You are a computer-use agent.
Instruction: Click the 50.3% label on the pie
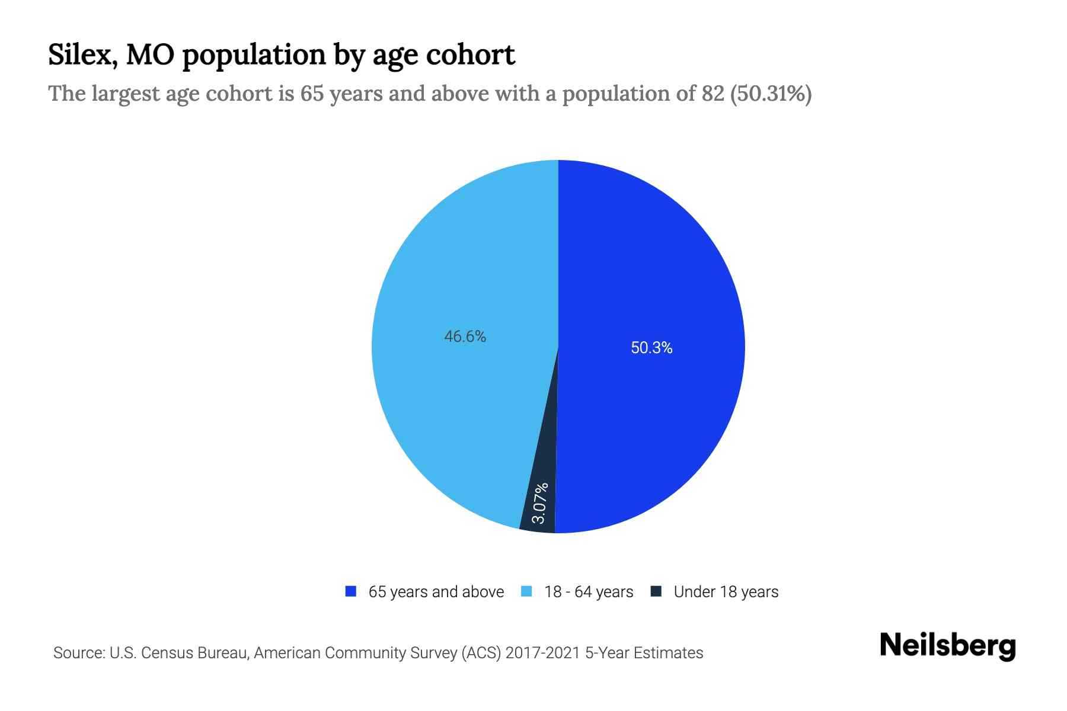coord(651,348)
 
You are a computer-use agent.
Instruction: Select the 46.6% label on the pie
coord(465,337)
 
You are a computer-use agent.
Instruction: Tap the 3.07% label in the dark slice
coord(539,503)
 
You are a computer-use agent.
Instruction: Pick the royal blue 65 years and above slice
coord(652,267)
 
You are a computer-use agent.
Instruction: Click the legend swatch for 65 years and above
coord(351,591)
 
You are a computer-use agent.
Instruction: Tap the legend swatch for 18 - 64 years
coord(526,591)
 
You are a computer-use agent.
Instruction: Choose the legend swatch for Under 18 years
coord(656,591)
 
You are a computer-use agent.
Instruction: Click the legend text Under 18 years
coord(726,592)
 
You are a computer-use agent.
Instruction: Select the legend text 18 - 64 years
coord(589,592)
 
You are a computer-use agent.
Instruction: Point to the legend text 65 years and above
coord(436,592)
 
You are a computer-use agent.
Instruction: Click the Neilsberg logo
coord(947,646)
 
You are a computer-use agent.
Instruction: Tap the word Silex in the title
coord(81,55)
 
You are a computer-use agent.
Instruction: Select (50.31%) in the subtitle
coord(771,94)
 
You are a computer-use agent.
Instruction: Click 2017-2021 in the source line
coord(543,653)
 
